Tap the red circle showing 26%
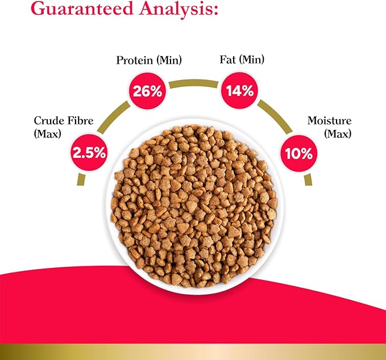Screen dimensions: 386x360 point(147,91)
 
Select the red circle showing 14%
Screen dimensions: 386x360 point(240,90)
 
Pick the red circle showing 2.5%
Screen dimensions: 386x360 point(89,152)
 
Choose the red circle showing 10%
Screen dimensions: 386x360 point(299,153)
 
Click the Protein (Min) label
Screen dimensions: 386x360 point(149,60)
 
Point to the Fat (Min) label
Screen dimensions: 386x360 point(242,60)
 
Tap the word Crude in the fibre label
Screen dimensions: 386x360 point(49,120)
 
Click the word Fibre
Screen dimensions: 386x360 point(81,120)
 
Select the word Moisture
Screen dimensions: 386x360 point(329,120)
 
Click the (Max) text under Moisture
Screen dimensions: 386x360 point(338,134)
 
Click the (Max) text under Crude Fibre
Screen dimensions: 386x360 point(47,134)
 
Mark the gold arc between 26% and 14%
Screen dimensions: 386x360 point(194,83)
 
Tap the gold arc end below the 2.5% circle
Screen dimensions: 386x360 point(81,180)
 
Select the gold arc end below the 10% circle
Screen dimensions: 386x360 point(308,180)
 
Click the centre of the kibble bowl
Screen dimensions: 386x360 point(195,206)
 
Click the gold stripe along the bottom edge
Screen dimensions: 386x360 point(193,351)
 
